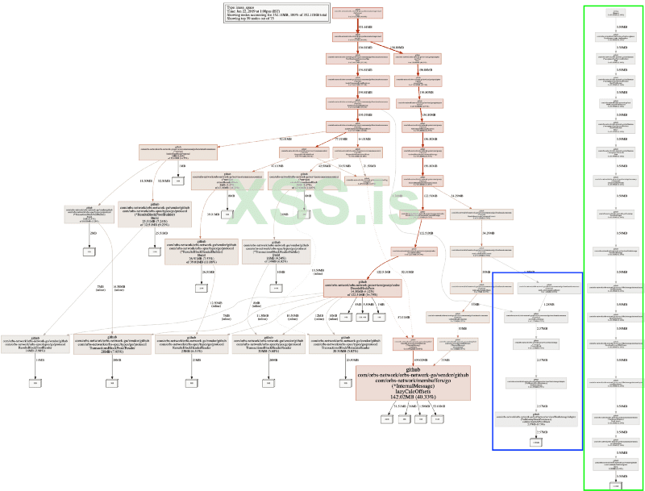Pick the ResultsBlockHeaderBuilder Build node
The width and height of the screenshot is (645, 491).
[x=195, y=251]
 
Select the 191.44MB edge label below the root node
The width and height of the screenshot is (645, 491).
[x=364, y=27]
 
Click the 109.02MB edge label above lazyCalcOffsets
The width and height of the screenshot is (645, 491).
[x=418, y=357]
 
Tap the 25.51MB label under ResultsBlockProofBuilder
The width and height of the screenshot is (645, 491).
[x=162, y=233]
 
